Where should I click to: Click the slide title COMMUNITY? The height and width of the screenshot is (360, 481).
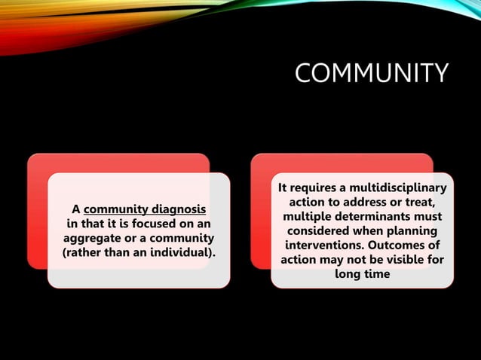371,74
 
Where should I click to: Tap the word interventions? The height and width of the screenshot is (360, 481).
326,246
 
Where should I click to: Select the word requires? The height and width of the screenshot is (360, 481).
313,188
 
